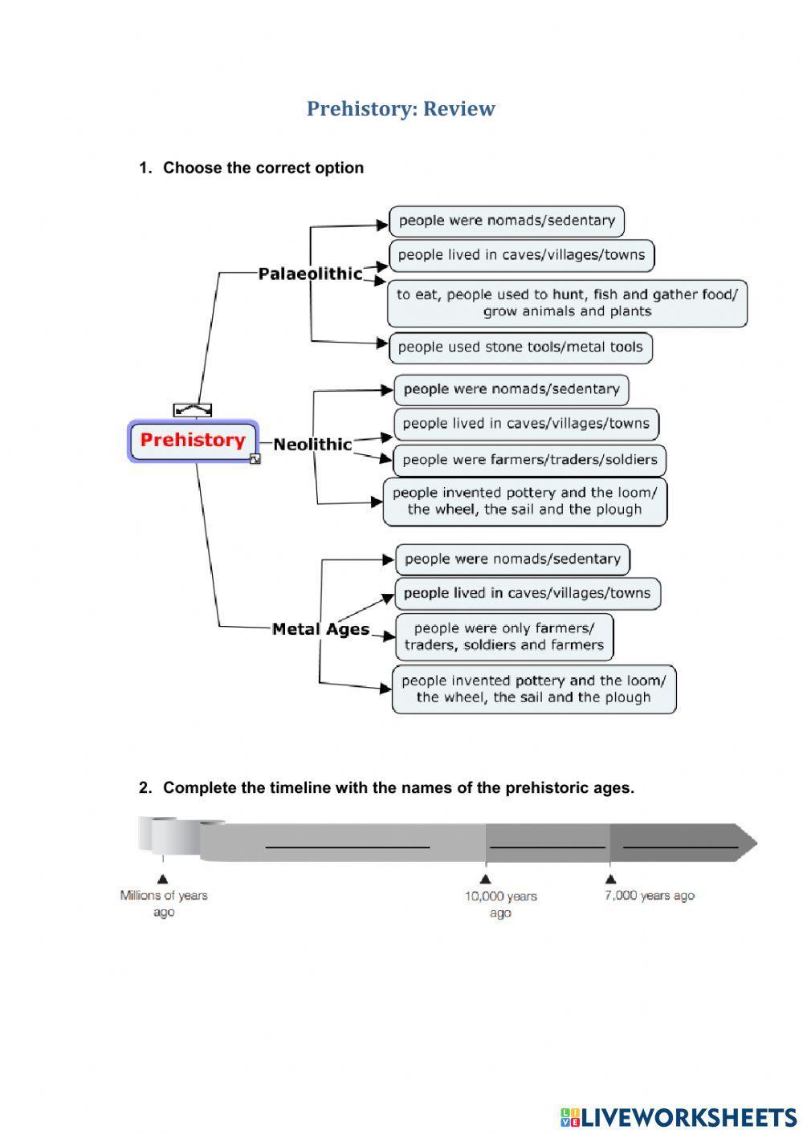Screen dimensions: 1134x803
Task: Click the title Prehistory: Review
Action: coord(401,108)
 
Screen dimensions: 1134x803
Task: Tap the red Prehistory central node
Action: coord(193,441)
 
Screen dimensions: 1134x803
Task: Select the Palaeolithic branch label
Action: coord(310,274)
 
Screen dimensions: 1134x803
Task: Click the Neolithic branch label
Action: coord(312,444)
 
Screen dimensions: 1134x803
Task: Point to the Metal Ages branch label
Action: coord(320,629)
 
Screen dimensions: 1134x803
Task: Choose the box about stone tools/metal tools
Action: coord(520,348)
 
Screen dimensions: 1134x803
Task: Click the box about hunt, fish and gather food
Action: coord(567,303)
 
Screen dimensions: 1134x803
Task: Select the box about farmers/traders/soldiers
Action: coord(529,460)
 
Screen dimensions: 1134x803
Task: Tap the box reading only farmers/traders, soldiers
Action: coord(503,636)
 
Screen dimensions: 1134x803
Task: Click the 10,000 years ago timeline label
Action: coord(500,904)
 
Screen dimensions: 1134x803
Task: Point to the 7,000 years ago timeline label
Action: coord(649,896)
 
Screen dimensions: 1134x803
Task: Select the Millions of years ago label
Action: coord(164,904)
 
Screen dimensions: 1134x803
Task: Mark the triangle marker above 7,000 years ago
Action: coord(611,879)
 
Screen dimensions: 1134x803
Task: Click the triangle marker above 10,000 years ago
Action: coord(485,879)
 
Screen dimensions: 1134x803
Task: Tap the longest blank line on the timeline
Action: coord(347,847)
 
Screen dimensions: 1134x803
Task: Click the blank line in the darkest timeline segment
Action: coord(680,847)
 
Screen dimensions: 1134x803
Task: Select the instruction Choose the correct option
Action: coord(263,168)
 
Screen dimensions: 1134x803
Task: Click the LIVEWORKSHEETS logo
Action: coord(679,1116)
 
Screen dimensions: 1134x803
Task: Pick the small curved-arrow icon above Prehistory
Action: coord(193,410)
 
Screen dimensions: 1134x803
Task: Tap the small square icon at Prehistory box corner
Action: coord(255,459)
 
